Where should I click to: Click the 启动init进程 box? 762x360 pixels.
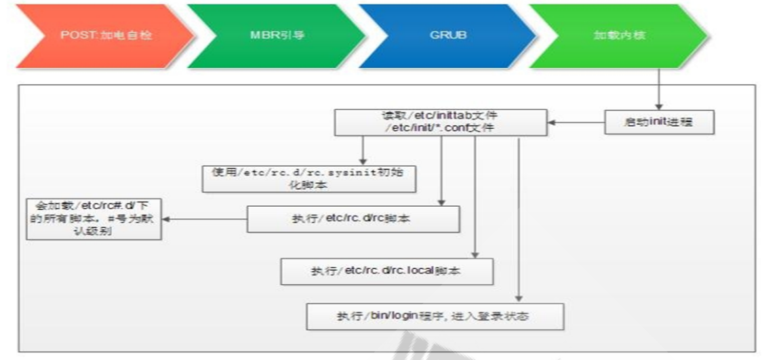point(658,123)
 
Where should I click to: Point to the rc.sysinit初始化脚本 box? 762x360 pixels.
point(308,177)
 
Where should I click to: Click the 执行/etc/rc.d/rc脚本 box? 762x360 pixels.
point(353,218)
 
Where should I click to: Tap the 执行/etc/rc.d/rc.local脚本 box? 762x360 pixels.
point(387,271)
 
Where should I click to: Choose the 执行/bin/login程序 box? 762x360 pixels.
point(435,315)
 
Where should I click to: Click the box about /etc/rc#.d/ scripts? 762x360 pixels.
point(94,218)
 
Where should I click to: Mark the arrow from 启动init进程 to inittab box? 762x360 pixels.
point(576,123)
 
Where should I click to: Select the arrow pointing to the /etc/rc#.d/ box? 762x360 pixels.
point(203,218)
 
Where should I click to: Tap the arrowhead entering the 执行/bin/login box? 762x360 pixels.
point(519,298)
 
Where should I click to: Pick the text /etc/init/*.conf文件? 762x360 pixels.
point(440,127)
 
